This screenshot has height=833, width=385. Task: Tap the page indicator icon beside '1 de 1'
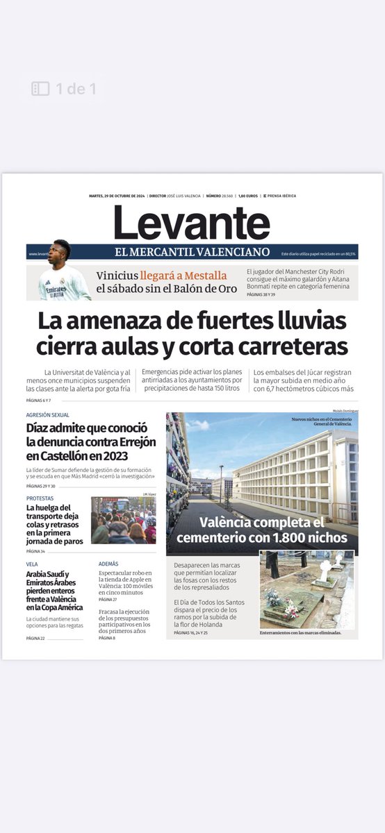[40, 88]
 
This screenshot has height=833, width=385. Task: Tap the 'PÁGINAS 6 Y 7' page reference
[40, 401]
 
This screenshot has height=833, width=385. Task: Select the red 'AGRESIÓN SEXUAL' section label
[47, 415]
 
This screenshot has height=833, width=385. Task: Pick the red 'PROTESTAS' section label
[40, 498]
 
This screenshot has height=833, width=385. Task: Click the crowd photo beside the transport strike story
[123, 520]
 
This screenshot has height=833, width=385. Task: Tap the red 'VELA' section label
[32, 564]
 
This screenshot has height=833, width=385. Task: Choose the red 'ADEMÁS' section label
[108, 564]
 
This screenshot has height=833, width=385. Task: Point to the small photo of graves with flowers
[306, 589]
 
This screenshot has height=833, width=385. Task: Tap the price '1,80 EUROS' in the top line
[249, 196]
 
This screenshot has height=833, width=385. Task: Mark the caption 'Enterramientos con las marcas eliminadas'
[300, 633]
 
